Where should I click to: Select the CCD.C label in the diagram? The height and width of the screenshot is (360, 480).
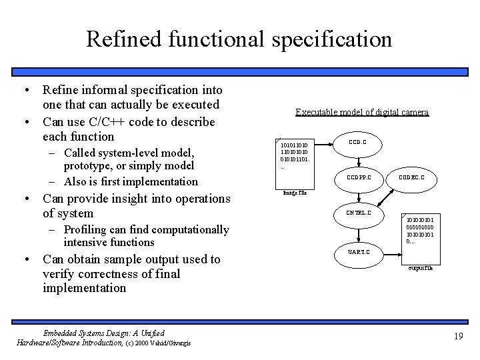[357, 142]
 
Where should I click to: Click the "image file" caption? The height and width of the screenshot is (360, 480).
[295, 193]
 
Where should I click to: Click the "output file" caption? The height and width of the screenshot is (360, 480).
[420, 268]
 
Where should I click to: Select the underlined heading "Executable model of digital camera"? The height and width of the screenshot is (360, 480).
[362, 113]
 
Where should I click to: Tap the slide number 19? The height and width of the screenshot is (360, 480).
[457, 336]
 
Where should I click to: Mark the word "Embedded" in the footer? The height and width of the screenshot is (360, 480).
[64, 333]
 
